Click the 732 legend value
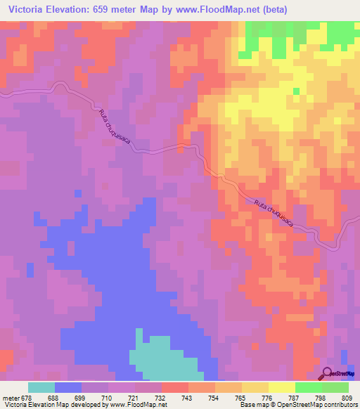tap(161, 397)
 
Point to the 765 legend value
tap(240, 397)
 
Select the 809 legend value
tap(346, 397)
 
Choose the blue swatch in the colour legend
tap(67, 387)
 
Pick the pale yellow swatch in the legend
tap(281, 387)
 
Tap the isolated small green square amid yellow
tap(297, 91)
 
